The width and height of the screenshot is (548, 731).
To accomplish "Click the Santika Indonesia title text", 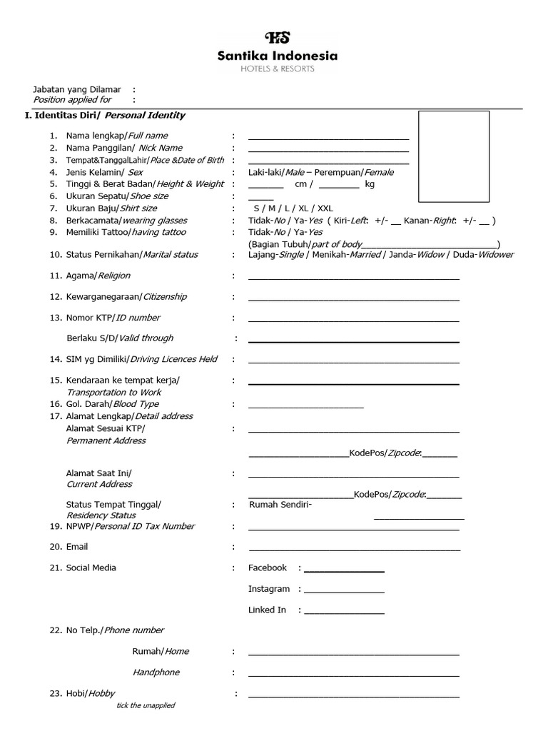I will [x=278, y=56].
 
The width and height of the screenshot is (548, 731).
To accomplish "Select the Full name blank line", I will [x=328, y=138].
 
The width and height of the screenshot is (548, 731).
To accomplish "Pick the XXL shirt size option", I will [x=325, y=208].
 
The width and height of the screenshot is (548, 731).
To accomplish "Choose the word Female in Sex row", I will [x=378, y=172].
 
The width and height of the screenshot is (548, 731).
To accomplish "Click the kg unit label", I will [x=370, y=184].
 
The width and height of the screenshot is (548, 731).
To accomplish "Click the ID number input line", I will [x=353, y=321].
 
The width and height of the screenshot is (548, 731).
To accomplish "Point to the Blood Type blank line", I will [x=305, y=408].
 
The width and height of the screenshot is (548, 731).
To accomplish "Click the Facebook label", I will [x=267, y=568].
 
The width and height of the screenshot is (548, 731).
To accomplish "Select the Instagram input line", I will [x=344, y=592].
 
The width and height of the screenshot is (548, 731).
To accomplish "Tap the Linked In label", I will [x=267, y=610].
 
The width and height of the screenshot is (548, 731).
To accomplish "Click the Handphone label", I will [x=156, y=672].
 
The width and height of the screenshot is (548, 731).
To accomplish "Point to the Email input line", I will [x=353, y=550].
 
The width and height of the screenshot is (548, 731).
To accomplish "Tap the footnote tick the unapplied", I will [x=146, y=705].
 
